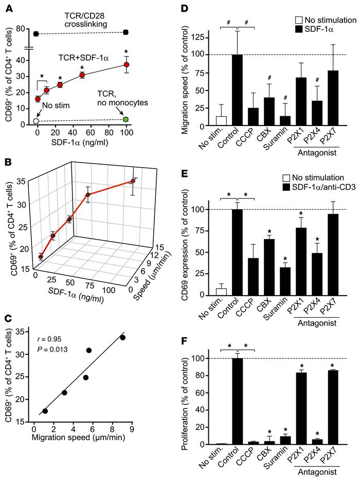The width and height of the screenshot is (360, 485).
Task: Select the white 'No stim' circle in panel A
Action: (x=35, y=121)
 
